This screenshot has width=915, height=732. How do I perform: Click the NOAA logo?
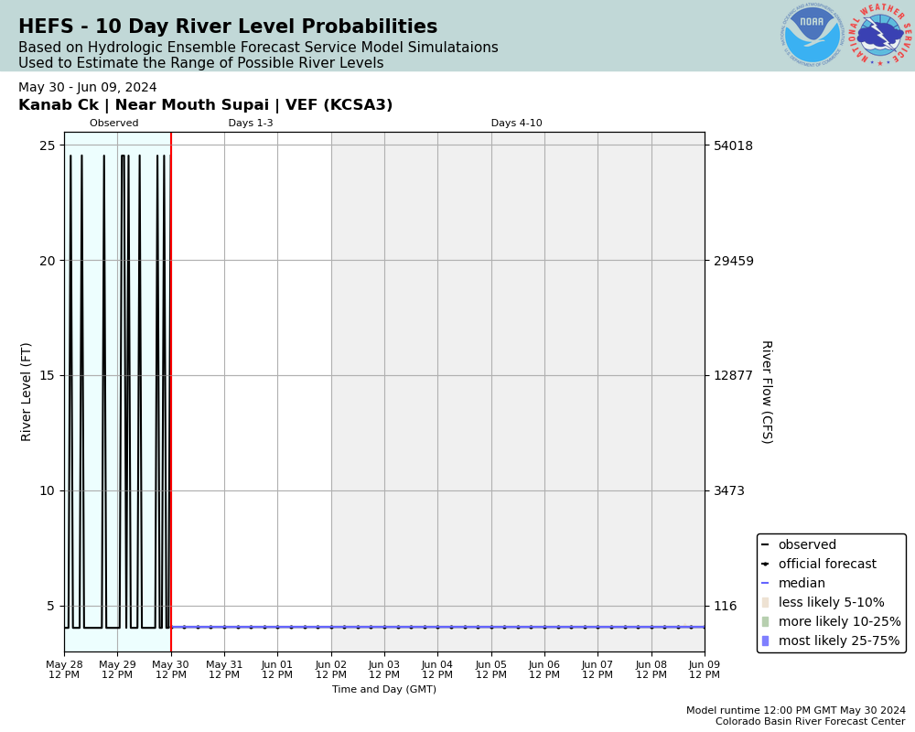click(812, 35)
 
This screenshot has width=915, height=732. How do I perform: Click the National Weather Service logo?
click(880, 35)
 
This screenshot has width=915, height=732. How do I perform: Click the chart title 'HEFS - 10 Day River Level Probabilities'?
click(228, 27)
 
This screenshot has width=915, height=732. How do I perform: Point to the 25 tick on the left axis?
click(48, 145)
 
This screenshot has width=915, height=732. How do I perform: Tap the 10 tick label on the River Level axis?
click(48, 490)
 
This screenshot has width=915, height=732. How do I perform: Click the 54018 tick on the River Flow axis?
click(734, 145)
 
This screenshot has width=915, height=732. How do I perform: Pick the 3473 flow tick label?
click(729, 490)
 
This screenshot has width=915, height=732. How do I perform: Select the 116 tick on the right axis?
click(726, 606)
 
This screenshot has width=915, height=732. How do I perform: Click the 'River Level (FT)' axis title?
click(27, 392)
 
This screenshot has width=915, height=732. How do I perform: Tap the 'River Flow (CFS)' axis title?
click(766, 392)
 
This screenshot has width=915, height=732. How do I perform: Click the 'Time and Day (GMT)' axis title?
click(384, 690)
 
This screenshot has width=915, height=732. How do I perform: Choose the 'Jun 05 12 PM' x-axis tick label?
click(491, 670)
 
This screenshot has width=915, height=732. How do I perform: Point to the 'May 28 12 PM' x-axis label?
click(64, 670)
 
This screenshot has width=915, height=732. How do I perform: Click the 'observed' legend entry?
click(806, 545)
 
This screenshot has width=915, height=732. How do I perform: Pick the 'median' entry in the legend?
click(801, 584)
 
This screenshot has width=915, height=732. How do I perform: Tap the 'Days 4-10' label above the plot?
click(516, 124)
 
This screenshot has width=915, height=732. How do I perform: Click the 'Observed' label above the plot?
click(114, 124)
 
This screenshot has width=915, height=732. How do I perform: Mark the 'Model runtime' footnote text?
click(795, 711)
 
